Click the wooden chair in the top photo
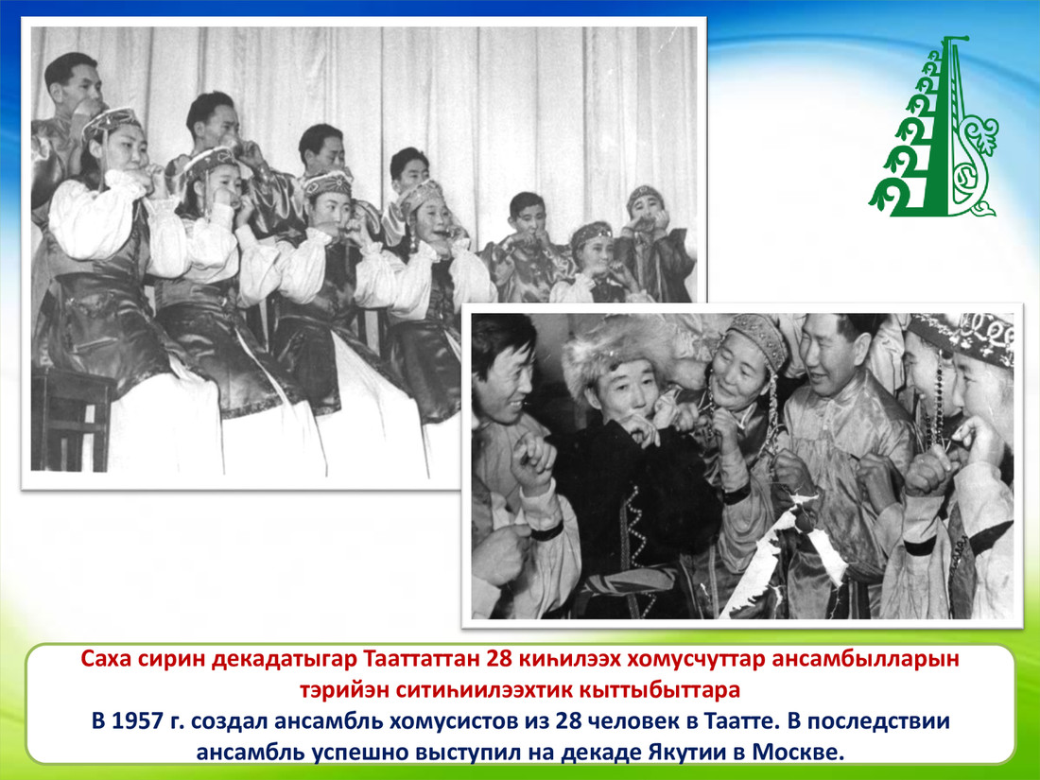pyautogui.click(x=72, y=418)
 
